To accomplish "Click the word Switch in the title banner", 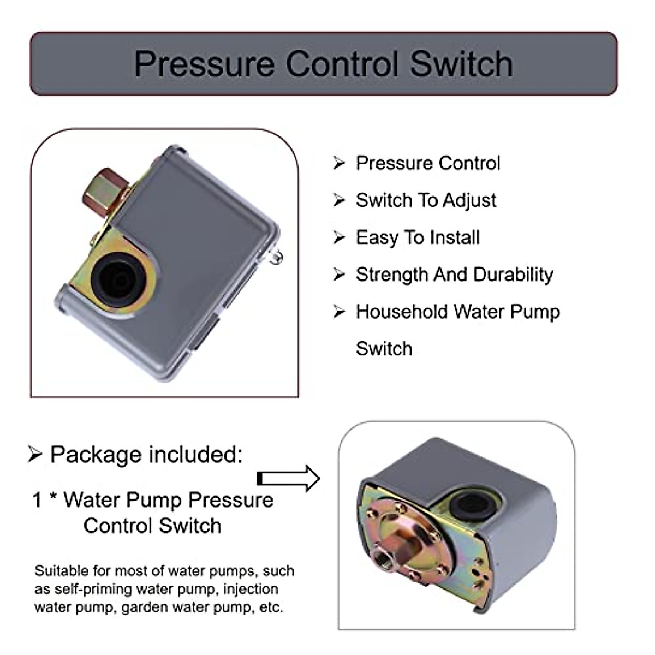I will [x=461, y=64].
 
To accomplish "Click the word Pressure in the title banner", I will [x=204, y=64].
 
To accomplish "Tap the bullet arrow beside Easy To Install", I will [x=340, y=238].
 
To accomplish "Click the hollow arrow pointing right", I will [x=288, y=479].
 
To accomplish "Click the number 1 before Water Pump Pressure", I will [x=37, y=500].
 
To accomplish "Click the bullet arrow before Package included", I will [x=35, y=454].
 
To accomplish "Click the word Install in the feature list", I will [x=455, y=238].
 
